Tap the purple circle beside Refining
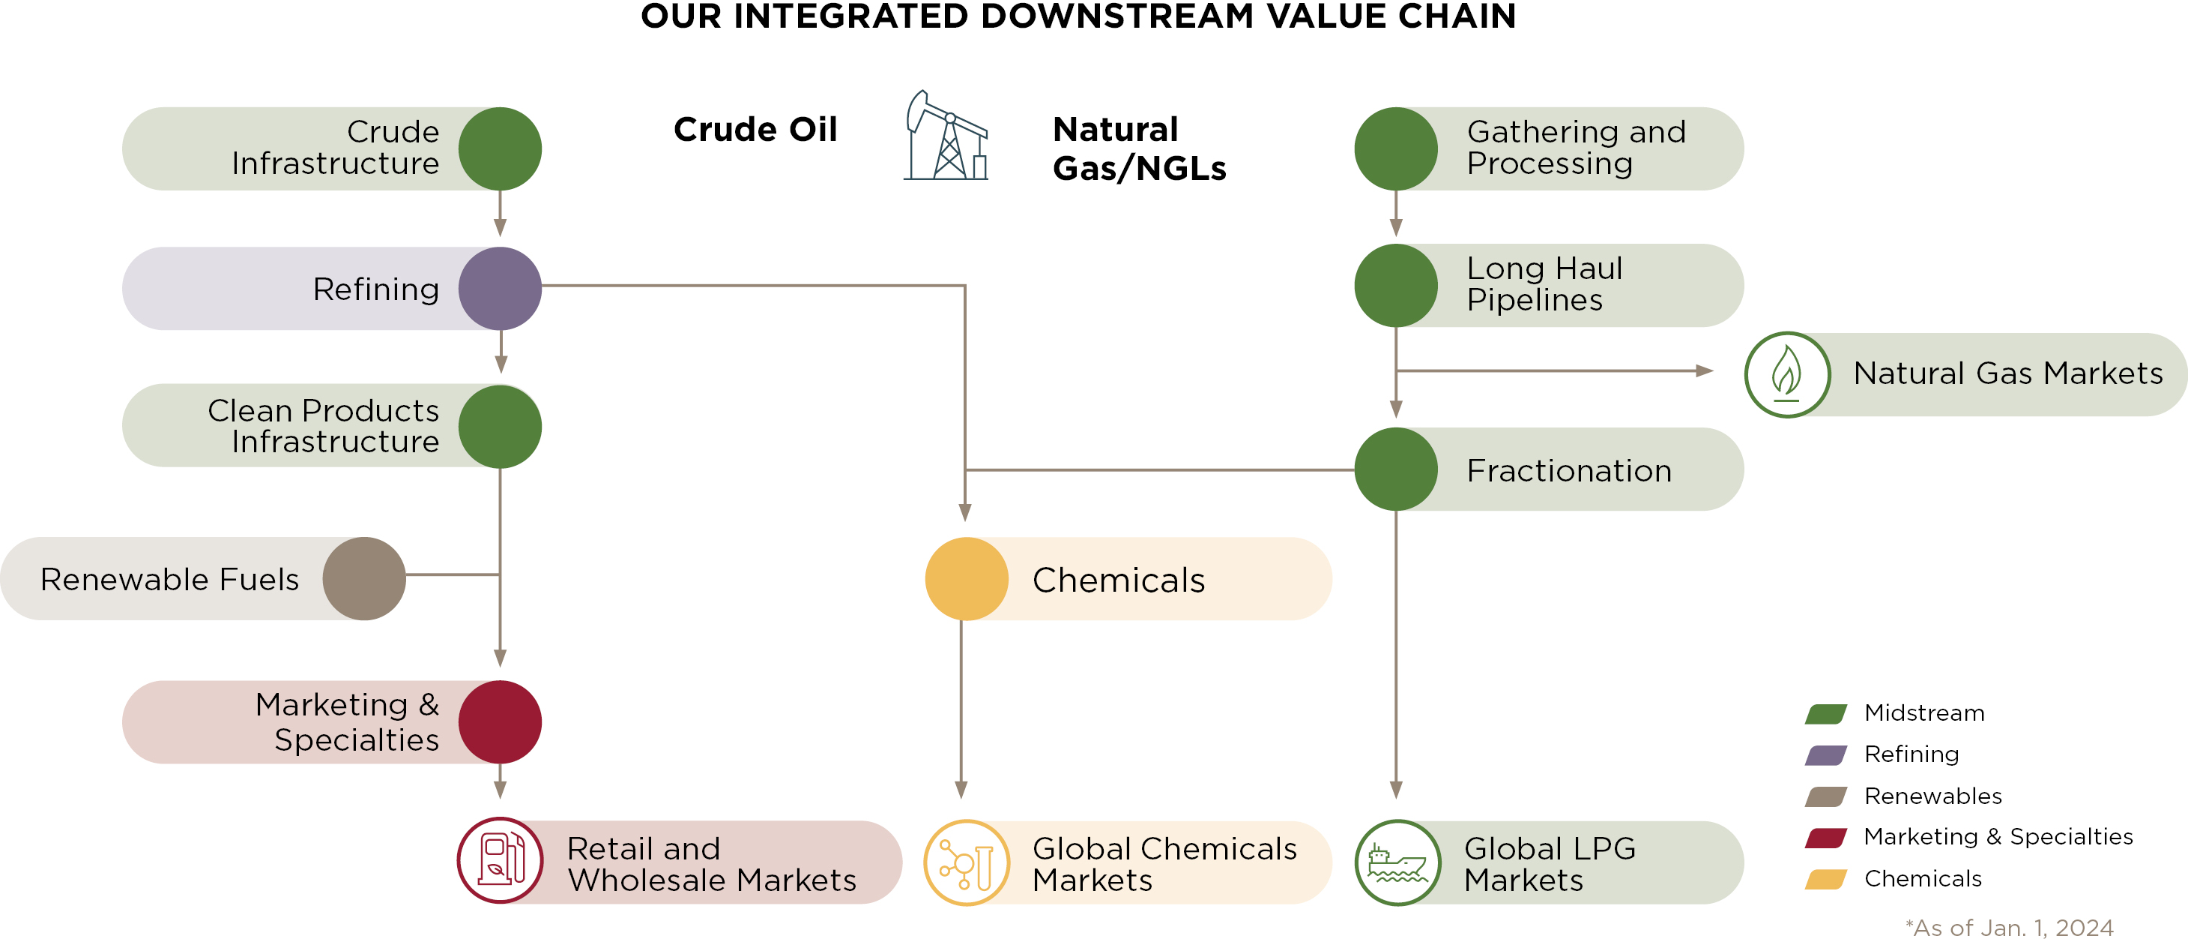coord(500,288)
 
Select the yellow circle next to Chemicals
coord(966,579)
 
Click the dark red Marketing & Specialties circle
coord(500,721)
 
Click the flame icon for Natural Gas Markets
coord(1786,374)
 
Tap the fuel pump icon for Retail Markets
coord(501,860)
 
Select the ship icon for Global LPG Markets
coord(1397,862)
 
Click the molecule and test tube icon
coord(967,862)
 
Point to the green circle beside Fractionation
coord(1395,469)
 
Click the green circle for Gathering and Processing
coord(1395,148)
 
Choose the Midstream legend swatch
coord(1825,714)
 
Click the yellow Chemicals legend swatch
coord(1825,880)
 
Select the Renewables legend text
coord(1932,796)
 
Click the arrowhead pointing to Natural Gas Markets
coord(1703,370)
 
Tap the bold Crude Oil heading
coord(755,130)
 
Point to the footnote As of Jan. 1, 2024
coord(2009,927)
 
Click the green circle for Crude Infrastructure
coord(500,148)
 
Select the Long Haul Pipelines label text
coord(1544,283)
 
